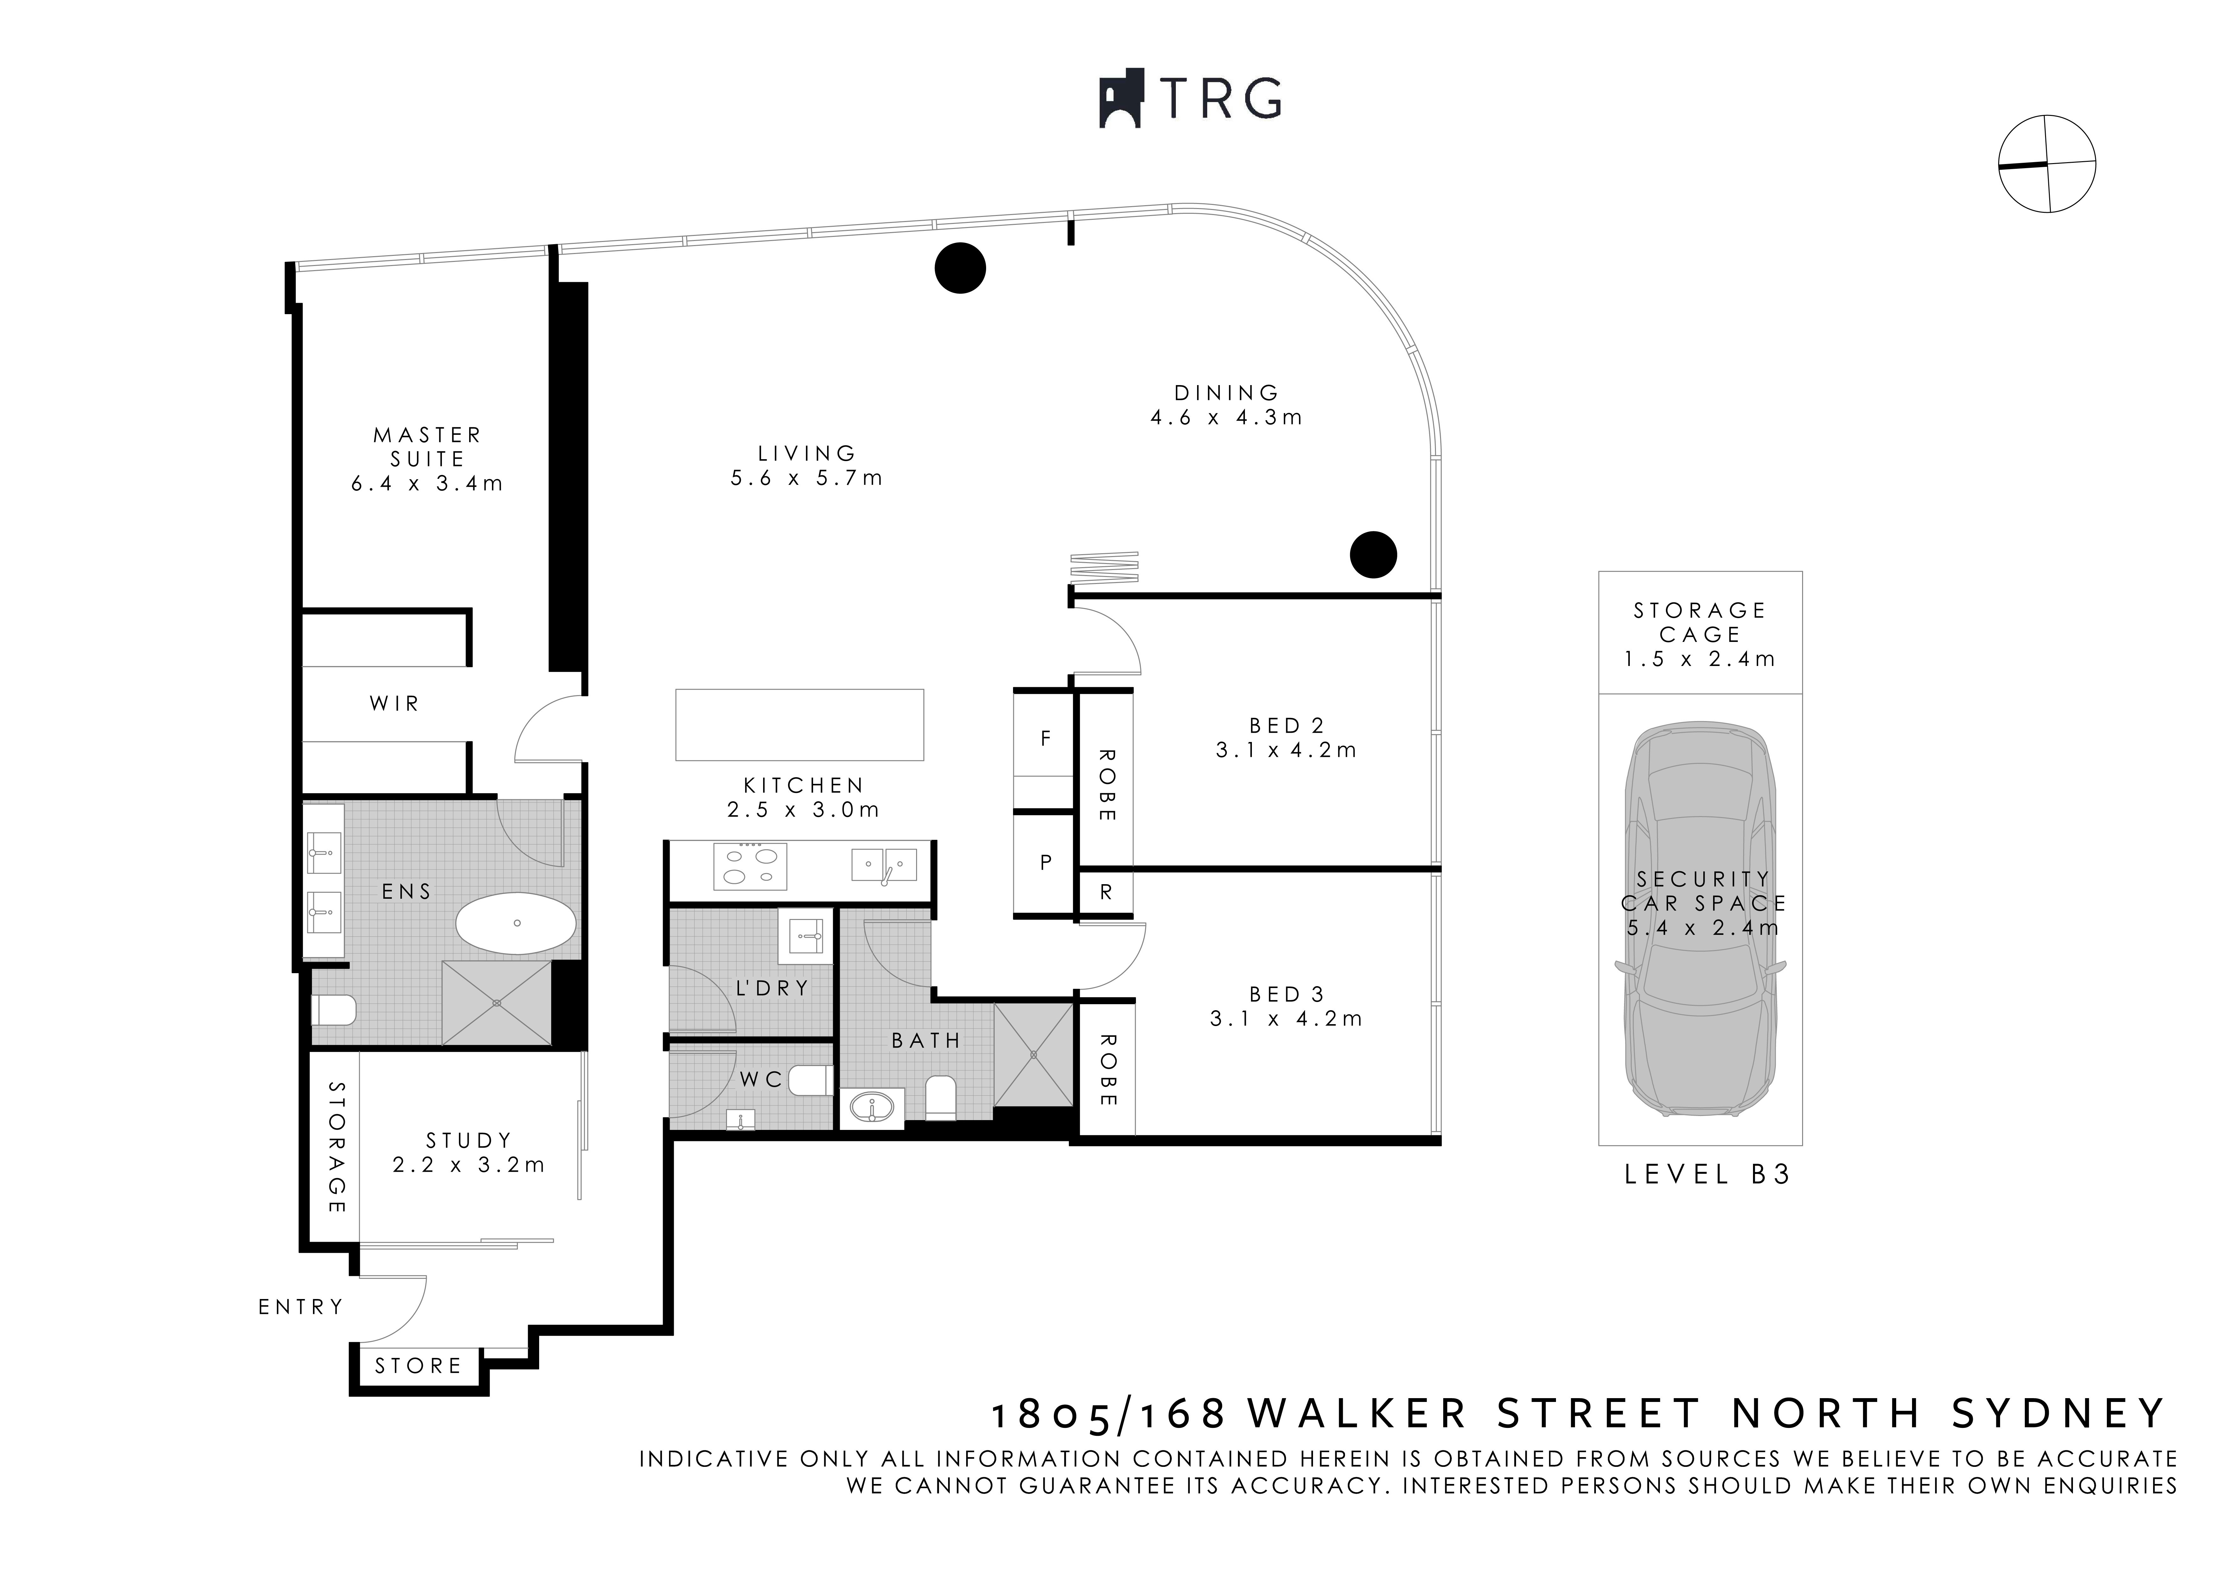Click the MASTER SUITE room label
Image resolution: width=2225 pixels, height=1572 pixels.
pos(427,447)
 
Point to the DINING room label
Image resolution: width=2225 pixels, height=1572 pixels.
pos(1227,392)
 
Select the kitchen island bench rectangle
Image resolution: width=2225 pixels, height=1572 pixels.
pos(800,725)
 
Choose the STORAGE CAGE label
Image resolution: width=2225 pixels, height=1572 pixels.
pos(1700,622)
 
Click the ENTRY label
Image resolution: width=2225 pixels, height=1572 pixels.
pos(300,1307)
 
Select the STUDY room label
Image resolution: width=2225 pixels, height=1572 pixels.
pos(469,1140)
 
